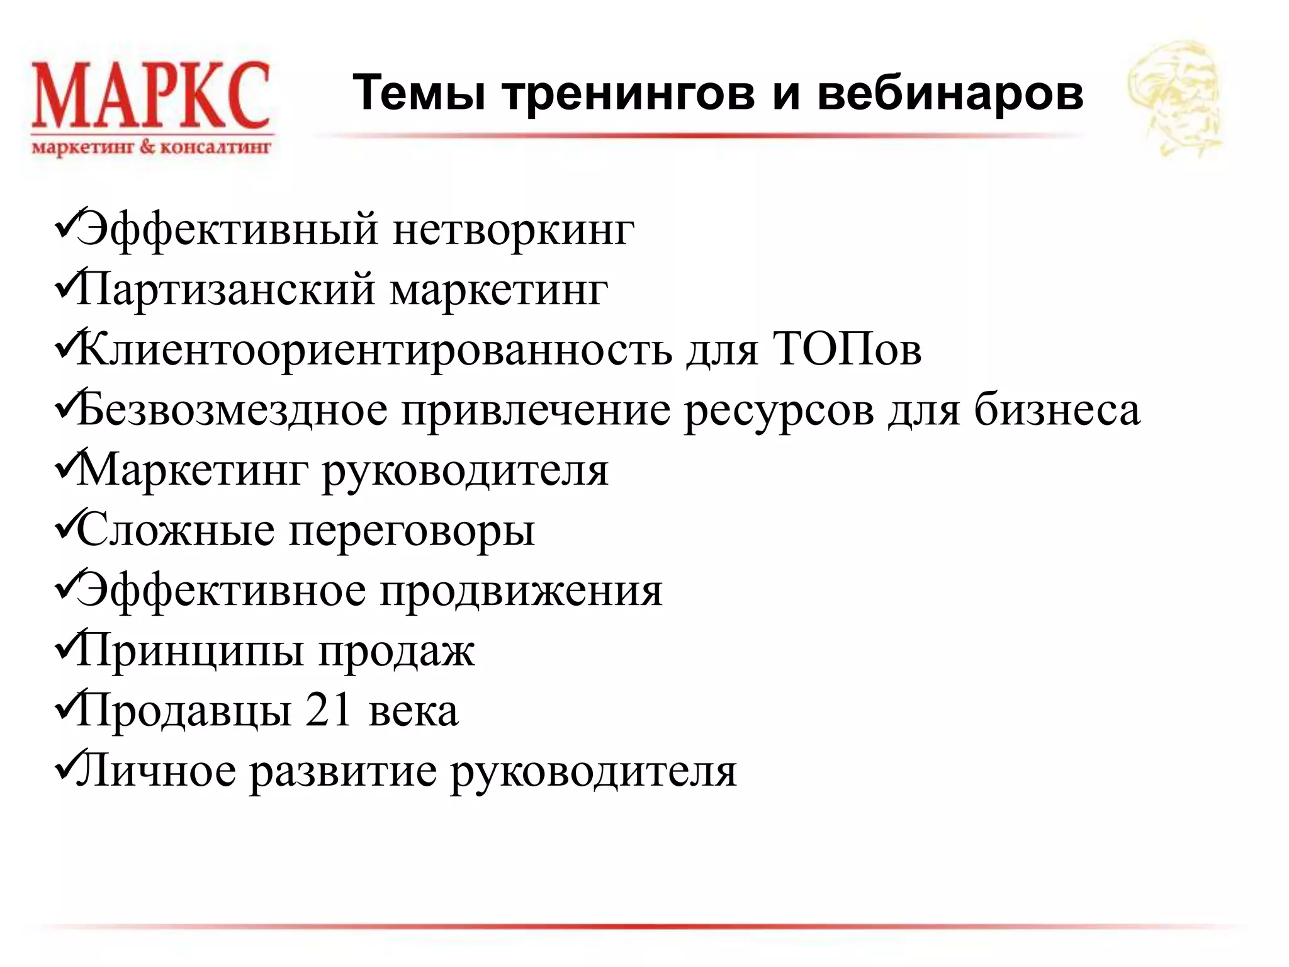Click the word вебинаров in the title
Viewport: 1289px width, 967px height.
[x=950, y=93]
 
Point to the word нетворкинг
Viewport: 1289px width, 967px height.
[x=513, y=229]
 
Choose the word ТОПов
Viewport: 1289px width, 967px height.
[x=846, y=349]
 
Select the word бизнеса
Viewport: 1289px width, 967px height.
[x=1057, y=410]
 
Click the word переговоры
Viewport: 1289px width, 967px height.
[x=412, y=531]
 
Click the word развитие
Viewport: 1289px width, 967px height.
[x=343, y=772]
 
